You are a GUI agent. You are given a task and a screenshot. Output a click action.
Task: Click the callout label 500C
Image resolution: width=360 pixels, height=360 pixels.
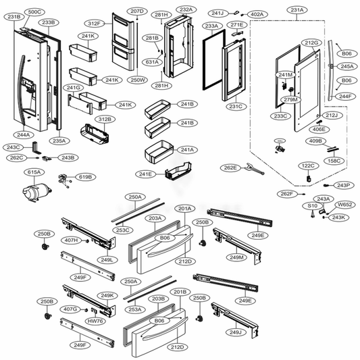pos(34,12)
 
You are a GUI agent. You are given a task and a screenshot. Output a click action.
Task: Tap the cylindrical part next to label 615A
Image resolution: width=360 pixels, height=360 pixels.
pos(31,192)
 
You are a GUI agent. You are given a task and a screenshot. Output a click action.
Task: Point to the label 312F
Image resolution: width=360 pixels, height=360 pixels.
pos(95,24)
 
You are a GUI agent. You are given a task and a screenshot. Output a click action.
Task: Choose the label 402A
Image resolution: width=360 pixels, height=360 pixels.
pos(257,14)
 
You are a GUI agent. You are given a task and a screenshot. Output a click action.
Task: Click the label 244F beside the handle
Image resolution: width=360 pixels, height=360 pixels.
pos(345,96)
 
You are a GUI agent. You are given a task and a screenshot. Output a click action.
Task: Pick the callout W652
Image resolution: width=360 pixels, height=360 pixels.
pos(346,204)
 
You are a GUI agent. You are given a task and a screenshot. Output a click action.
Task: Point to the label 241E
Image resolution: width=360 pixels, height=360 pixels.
pos(147,174)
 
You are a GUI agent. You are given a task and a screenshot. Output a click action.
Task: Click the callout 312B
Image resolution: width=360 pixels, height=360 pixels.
pos(103,119)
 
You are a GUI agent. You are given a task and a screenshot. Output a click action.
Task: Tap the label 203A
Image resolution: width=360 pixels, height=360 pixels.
pos(155,218)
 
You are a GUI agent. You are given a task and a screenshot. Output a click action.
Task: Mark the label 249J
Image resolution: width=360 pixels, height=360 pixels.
pos(236,332)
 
